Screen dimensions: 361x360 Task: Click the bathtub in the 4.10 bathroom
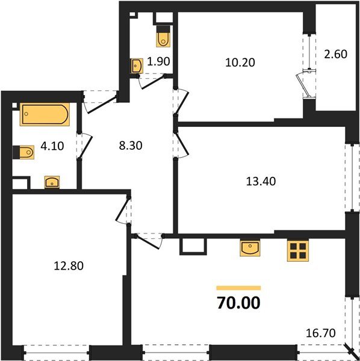coord(45,115)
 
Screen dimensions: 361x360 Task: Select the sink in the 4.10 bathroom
coord(52,181)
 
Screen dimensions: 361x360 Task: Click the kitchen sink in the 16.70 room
coord(250,248)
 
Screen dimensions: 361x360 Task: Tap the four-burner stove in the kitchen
coord(297,250)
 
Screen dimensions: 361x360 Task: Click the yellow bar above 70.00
coord(238,288)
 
